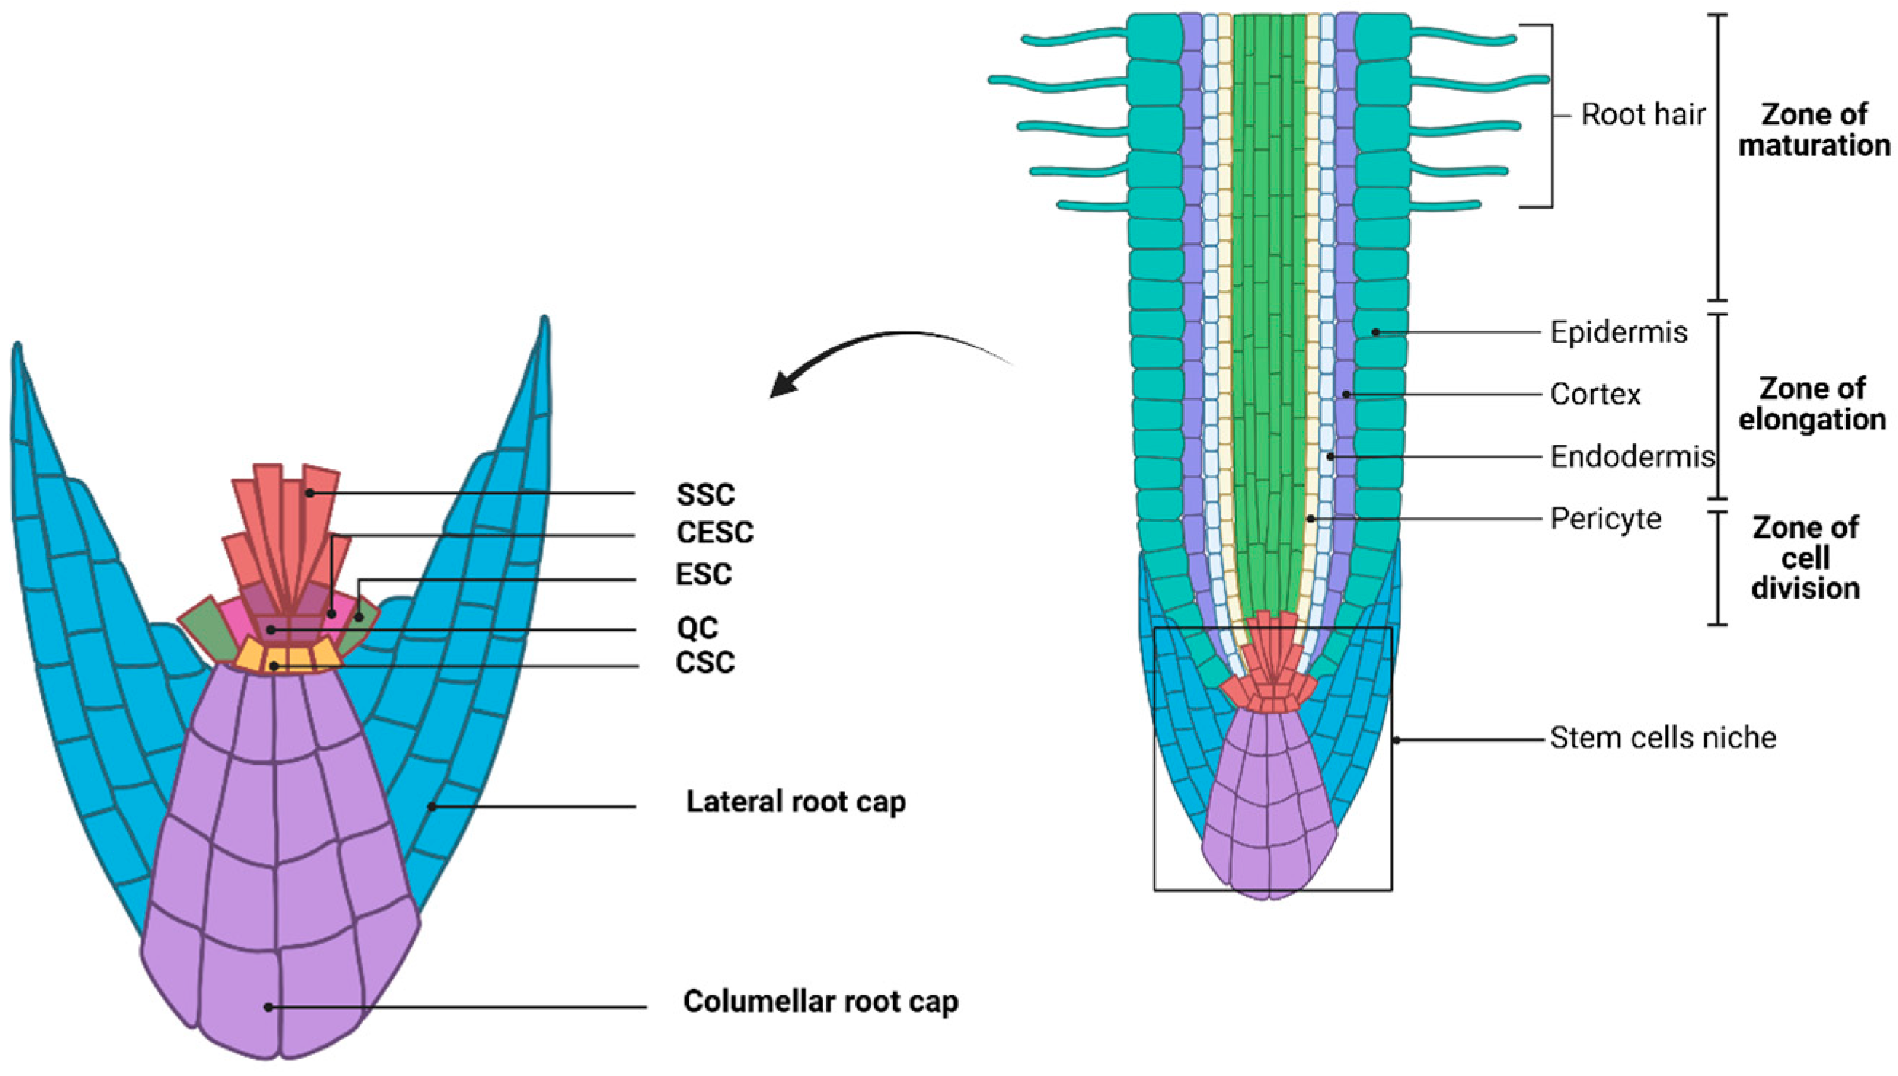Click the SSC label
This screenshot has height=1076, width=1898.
tap(705, 495)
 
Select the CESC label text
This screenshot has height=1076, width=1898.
tap(714, 532)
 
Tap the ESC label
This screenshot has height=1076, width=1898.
tap(703, 574)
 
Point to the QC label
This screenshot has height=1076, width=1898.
tap(697, 628)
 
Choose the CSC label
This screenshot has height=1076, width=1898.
tap(705, 662)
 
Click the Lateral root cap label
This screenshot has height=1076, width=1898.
tap(796, 802)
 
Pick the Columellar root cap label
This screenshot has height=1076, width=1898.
tap(820, 1001)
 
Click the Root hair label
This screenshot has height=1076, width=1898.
tap(1642, 115)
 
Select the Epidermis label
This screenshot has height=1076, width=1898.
tap(1618, 332)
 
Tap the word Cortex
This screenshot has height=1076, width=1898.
tap(1595, 394)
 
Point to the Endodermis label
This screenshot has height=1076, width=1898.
tap(1632, 457)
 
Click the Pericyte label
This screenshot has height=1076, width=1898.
tap(1605, 519)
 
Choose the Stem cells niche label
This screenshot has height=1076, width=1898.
tap(1663, 738)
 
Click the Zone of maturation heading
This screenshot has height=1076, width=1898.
tap(1813, 130)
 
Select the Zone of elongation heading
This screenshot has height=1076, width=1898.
tap(1811, 405)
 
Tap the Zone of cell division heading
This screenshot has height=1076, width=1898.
tap(1805, 558)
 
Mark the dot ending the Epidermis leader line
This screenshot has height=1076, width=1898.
tap(1375, 332)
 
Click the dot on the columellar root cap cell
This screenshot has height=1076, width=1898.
tap(269, 1007)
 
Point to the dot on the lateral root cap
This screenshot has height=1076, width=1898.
tap(432, 807)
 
